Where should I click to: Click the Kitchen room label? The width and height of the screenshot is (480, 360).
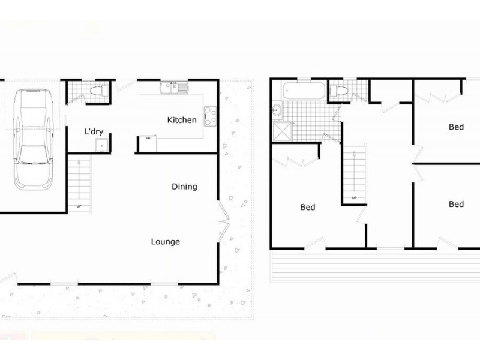(x=182, y=120)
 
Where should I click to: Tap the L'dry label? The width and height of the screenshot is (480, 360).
(x=94, y=131)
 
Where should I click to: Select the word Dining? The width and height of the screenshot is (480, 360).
(x=184, y=187)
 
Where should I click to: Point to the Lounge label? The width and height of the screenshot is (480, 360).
(x=166, y=242)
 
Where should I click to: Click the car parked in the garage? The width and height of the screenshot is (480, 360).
(x=33, y=139)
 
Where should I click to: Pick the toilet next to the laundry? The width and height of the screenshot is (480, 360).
(x=97, y=91)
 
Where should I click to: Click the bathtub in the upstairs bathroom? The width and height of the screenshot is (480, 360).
(x=304, y=91)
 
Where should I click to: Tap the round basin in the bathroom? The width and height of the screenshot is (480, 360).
(x=277, y=109)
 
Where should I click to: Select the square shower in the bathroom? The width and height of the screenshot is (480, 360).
(x=282, y=131)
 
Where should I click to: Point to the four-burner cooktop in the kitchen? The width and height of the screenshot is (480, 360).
(x=211, y=116)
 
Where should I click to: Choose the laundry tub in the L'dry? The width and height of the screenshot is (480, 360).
(x=101, y=145)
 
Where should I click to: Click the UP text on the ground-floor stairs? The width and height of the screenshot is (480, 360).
(x=79, y=206)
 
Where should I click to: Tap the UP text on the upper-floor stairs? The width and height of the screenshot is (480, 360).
(x=354, y=198)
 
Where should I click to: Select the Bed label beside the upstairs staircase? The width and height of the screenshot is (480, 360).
(x=308, y=207)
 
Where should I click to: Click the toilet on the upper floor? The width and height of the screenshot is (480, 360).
(x=338, y=91)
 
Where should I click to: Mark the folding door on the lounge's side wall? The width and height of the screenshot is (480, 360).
(x=223, y=220)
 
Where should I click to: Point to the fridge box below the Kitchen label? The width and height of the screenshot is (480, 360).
(x=148, y=144)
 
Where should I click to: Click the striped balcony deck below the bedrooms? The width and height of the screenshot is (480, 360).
(x=375, y=265)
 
